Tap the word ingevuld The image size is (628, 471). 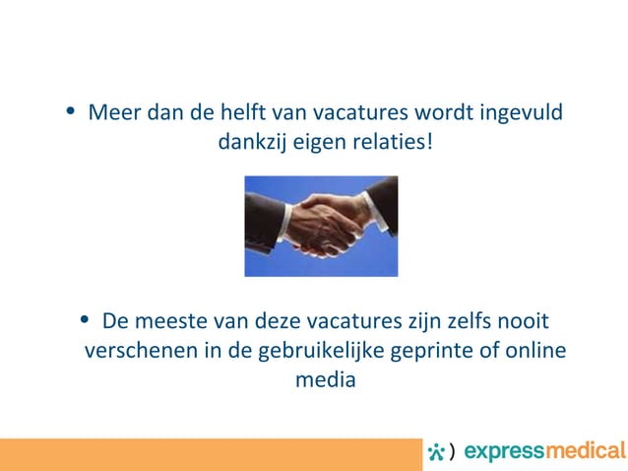click(525, 110)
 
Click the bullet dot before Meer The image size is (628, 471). click(68, 110)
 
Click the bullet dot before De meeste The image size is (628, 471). click(88, 322)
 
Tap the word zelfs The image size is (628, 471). click(461, 322)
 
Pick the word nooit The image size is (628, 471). click(523, 322)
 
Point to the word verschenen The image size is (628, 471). click(136, 352)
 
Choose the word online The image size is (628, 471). click(535, 352)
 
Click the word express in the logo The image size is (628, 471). click(501, 452)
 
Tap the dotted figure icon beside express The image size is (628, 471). click(435, 451)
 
